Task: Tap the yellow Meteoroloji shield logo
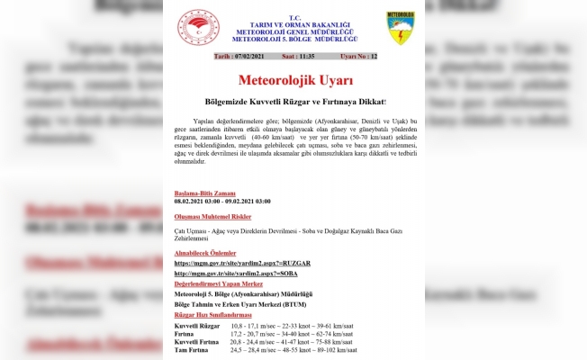400,28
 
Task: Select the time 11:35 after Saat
304,57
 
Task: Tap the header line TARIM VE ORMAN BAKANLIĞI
293,24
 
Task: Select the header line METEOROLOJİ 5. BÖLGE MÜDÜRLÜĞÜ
293,40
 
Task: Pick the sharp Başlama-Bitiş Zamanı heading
205,193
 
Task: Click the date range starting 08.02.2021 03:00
222,203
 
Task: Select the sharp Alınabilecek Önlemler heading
209,253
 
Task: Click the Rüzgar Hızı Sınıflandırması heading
212,315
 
